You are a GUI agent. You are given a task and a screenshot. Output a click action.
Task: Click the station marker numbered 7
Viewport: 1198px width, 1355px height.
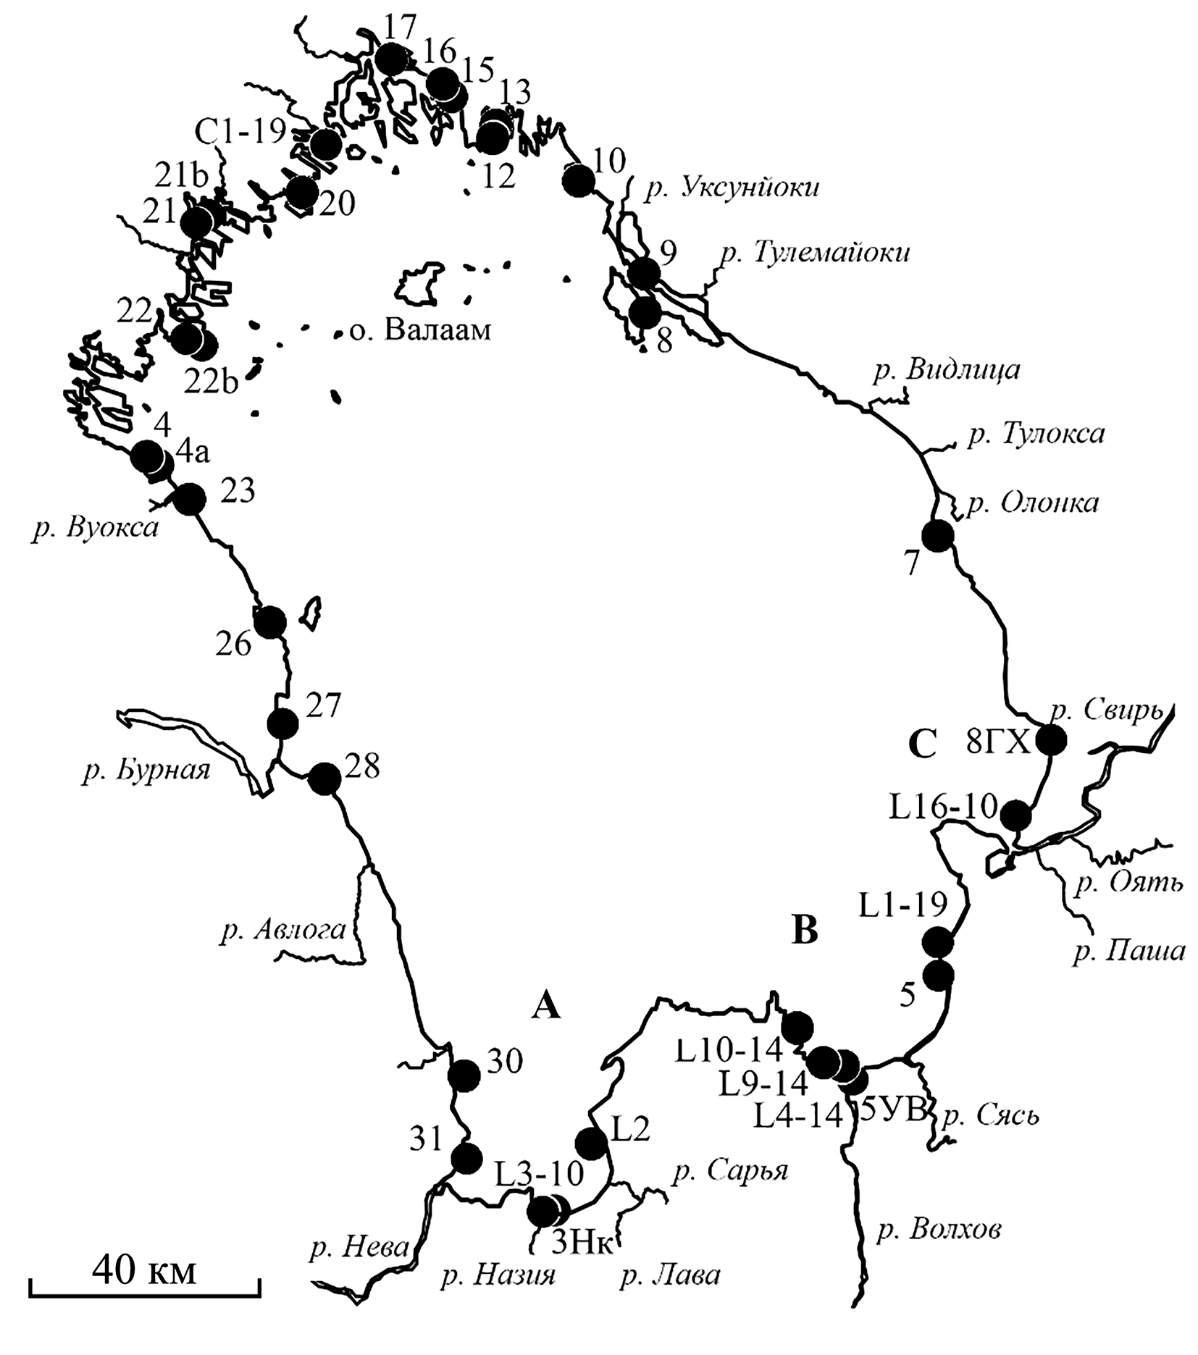938,537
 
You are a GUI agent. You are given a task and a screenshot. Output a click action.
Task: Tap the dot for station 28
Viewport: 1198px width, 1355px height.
324,779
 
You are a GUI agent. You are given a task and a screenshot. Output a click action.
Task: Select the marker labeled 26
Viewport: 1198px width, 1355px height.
271,621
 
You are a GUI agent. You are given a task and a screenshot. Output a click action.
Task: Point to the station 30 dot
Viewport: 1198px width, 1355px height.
464,1075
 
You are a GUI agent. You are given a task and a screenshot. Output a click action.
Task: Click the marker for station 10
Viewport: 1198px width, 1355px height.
579,180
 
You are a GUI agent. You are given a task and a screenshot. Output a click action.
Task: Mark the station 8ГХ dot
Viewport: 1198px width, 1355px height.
1051,740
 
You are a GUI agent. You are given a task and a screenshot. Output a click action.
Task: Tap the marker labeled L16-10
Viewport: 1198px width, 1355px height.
1015,816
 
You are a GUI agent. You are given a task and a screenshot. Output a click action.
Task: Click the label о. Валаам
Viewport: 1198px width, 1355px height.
420,331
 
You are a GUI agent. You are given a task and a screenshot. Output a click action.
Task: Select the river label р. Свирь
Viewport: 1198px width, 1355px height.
1105,712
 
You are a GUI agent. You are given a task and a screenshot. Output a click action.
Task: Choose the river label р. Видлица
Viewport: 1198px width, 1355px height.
947,371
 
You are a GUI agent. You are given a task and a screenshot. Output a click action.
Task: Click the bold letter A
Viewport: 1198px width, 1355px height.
546,1005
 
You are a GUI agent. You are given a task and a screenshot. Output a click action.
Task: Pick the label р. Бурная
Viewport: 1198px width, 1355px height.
146,771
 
